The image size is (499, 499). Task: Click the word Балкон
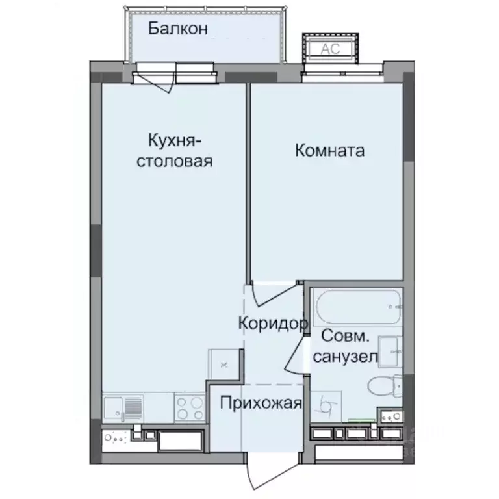177,29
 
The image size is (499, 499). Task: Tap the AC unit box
327,47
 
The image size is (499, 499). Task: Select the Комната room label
329,151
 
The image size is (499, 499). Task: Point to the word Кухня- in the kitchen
173,140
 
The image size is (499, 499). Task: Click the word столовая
173,161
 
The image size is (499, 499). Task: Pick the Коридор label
272,323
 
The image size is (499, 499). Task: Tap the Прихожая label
261,403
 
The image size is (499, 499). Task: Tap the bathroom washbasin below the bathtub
390,351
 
